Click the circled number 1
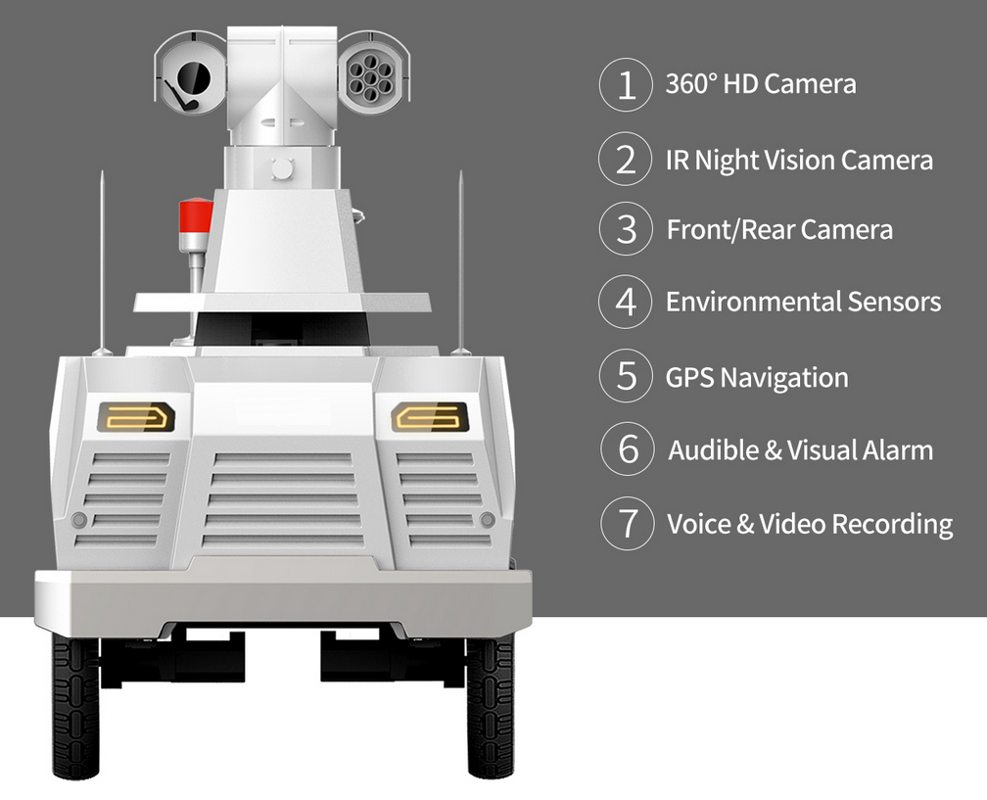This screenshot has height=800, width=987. (x=626, y=84)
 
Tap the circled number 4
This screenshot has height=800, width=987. (x=626, y=303)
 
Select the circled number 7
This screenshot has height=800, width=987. (x=626, y=524)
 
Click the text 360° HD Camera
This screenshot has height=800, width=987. (x=761, y=84)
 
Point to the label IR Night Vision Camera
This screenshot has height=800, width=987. (x=799, y=160)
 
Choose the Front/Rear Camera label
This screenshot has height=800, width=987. (x=779, y=230)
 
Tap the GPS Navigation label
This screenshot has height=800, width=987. (x=757, y=377)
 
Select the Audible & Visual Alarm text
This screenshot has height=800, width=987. (x=800, y=450)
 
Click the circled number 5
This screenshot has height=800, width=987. (x=626, y=377)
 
